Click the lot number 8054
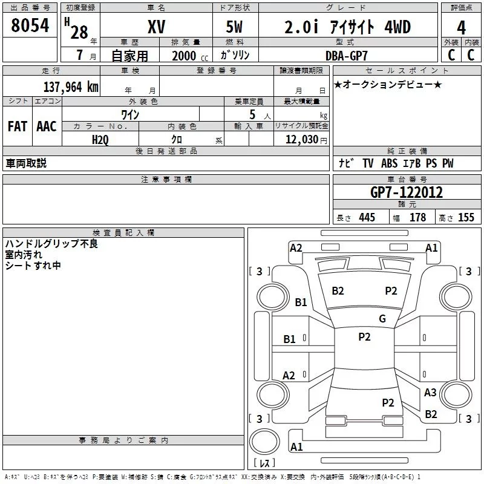point(30,25)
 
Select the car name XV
point(157,27)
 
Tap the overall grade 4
point(461,28)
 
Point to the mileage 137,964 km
point(71,87)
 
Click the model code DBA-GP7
point(347,56)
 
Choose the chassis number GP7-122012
point(407,192)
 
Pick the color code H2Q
point(100,140)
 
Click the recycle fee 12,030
point(302,140)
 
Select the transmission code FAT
point(18,126)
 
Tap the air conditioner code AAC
point(47,126)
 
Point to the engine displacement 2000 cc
point(190,56)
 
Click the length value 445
point(367,217)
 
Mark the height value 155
point(466,217)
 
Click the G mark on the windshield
point(382,319)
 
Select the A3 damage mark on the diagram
point(430,392)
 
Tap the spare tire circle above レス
point(264,442)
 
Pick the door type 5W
point(234,27)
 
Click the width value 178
point(418,217)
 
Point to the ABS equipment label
point(389,163)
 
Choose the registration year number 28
point(79,32)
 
